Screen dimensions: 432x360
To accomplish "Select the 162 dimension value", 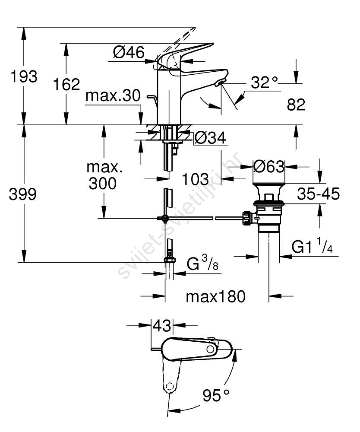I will pyautogui.click(x=66, y=84).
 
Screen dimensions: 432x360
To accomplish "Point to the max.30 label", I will pyautogui.click(x=113, y=96).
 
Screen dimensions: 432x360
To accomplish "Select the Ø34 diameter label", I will pyautogui.click(x=210, y=138).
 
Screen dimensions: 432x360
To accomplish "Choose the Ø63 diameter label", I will pyautogui.click(x=269, y=166).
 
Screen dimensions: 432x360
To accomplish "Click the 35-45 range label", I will pyautogui.click(x=319, y=194).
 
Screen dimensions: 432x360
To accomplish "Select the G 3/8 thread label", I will pyautogui.click(x=202, y=265).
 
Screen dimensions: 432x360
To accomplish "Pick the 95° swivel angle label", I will pyautogui.click(x=216, y=394).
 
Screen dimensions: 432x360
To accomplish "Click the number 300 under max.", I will pyautogui.click(x=103, y=184).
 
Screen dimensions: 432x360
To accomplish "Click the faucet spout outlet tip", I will pyautogui.click(x=221, y=83).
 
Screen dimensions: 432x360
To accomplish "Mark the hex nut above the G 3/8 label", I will pyautogui.click(x=170, y=260).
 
